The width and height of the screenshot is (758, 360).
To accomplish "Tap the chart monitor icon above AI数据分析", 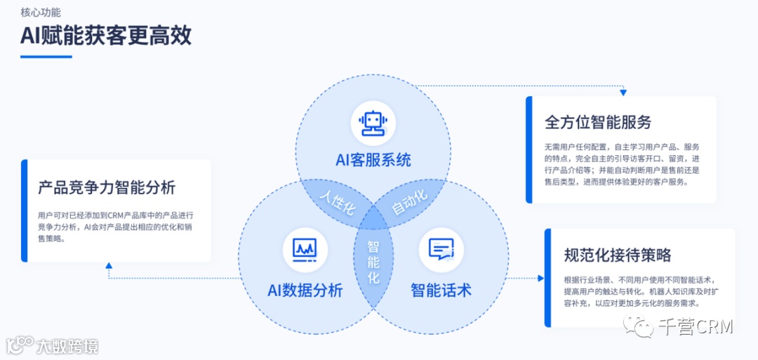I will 305,250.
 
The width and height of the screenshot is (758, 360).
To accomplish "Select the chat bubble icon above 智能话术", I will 441,250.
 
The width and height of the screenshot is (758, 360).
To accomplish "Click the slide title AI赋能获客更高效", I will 106,35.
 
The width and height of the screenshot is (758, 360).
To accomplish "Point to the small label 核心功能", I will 41,12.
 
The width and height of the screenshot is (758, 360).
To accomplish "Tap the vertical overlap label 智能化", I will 373,262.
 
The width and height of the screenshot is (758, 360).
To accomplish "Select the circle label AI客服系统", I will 373,160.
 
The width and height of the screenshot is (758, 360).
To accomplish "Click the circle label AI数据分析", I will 305,290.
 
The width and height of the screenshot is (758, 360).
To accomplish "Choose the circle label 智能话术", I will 441,290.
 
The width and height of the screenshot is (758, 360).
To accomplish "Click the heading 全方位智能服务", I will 598,121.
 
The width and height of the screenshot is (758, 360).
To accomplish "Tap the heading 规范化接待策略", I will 618,254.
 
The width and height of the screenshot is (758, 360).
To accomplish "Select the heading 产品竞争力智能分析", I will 107,187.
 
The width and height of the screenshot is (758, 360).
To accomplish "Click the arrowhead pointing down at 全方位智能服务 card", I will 623,92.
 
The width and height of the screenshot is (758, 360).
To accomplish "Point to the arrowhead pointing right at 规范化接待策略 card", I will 540,279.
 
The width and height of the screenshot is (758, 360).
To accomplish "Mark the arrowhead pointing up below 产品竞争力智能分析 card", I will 108,266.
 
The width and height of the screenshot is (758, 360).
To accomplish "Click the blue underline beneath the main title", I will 46,56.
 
